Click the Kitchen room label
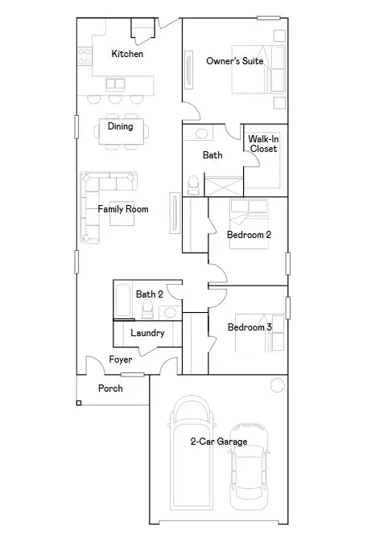pyautogui.click(x=127, y=54)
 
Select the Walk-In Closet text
pyautogui.click(x=262, y=144)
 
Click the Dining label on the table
pyautogui.click(x=120, y=126)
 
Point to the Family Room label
pyautogui.click(x=123, y=209)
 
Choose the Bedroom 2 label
pyautogui.click(x=249, y=235)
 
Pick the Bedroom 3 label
pyautogui.click(x=249, y=327)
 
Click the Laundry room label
pyautogui.click(x=147, y=333)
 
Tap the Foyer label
pyautogui.click(x=121, y=360)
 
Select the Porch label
pyautogui.click(x=110, y=388)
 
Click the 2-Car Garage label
pyautogui.click(x=218, y=442)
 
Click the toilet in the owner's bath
pyautogui.click(x=193, y=186)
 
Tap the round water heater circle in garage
pyautogui.click(x=277, y=385)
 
